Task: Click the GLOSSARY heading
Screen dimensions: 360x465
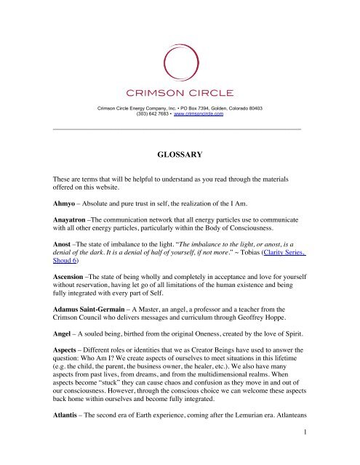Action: [x=180, y=155]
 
